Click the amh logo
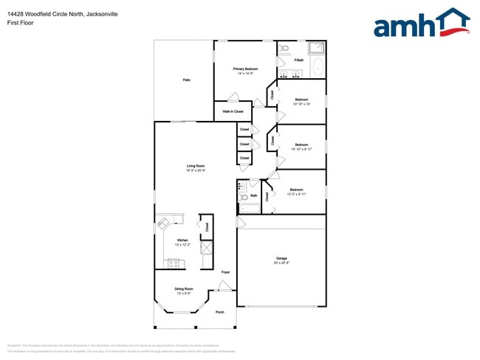[422, 24]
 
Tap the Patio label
[186, 80]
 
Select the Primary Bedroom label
[245, 69]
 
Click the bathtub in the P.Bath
[318, 69]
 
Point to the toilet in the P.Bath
[285, 50]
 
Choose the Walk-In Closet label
[233, 111]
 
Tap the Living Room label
[196, 166]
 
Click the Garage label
[281, 257]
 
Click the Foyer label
[225, 272]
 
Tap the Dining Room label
[184, 288]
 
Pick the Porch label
[219, 312]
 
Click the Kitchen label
[182, 240]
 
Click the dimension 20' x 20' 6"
[281, 263]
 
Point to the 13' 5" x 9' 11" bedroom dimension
[296, 194]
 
